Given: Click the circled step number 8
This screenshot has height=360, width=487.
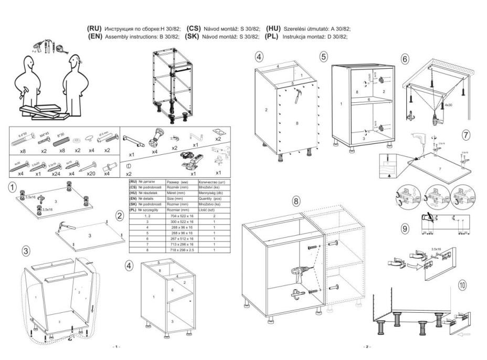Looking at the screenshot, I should tap(296, 201).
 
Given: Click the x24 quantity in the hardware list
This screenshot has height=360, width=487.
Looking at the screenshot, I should tap(56, 173).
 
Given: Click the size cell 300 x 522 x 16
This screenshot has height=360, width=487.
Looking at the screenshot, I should tap(178, 223).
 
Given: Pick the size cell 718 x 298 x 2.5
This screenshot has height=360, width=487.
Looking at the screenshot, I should tap(178, 251).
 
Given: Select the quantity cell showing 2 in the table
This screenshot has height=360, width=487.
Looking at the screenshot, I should tap(214, 216).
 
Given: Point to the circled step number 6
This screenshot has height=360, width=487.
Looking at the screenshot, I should tap(405, 59).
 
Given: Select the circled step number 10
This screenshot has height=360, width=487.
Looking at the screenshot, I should tap(462, 285).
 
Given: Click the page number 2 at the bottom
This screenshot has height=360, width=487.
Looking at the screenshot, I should tap(367, 347).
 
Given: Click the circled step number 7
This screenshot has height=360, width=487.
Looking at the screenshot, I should tap(465, 134).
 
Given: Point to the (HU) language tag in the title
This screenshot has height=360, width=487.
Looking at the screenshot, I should tap(274, 28).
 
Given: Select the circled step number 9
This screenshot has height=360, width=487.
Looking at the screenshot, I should tap(405, 228).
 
